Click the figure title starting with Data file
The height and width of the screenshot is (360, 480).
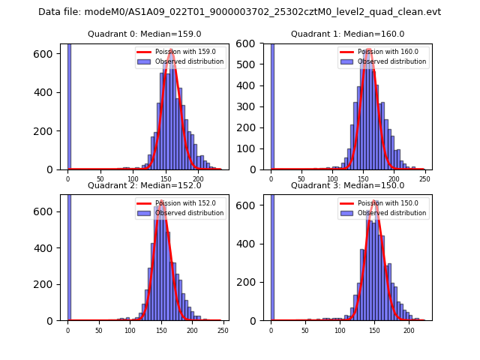[239, 12]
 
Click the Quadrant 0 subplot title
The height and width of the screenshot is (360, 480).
[144, 34]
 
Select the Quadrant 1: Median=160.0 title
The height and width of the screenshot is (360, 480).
[347, 34]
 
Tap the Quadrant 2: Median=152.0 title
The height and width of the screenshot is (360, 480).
[144, 185]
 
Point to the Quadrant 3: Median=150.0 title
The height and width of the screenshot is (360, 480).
[347, 185]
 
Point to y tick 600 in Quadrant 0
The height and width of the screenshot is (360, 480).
[46, 53]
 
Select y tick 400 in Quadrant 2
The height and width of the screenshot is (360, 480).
[46, 247]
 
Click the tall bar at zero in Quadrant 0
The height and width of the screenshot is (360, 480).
[69, 105]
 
